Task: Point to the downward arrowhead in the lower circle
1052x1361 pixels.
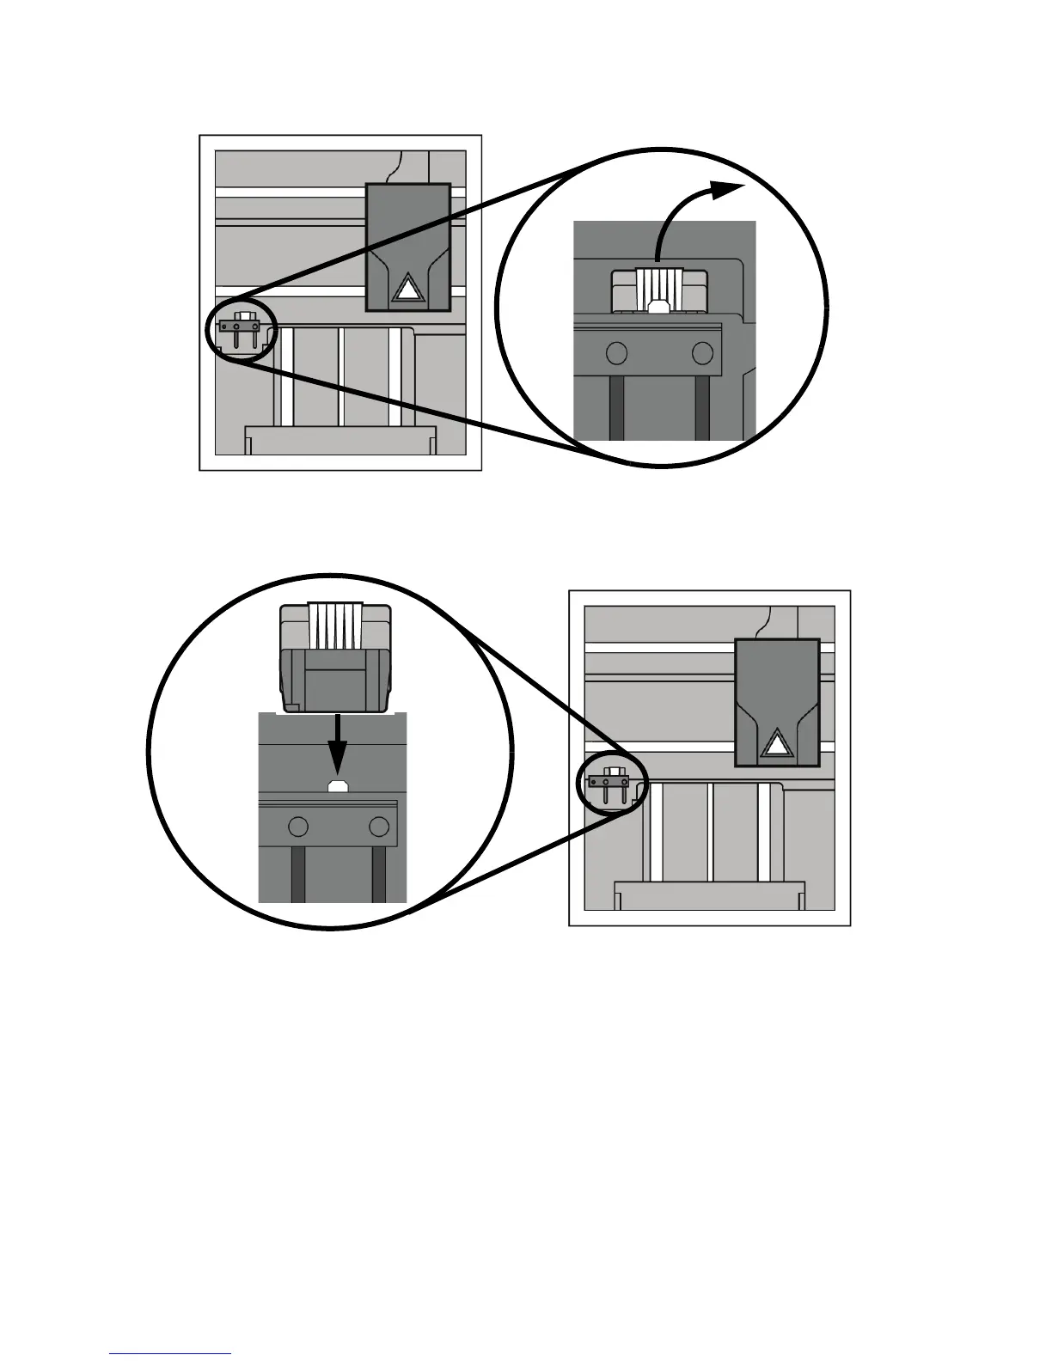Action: coord(338,757)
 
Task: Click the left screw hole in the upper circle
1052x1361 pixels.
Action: coord(615,352)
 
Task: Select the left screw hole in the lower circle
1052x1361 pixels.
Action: coord(298,827)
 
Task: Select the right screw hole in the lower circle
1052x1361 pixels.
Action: coord(378,827)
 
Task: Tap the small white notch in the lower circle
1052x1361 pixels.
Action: coord(338,785)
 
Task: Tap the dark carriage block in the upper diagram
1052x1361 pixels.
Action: coord(408,223)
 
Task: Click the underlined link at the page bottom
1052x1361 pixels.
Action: coord(170,1353)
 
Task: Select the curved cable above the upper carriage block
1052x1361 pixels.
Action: coord(396,168)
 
